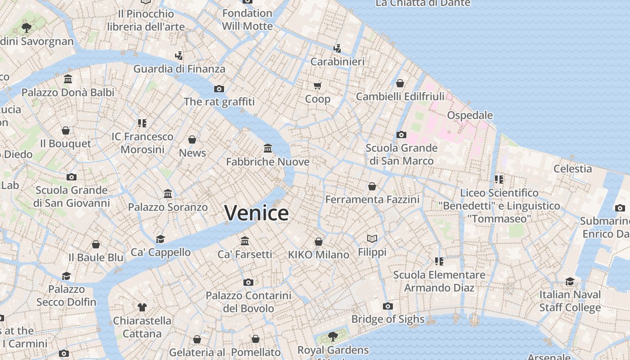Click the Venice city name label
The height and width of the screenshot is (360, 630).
click(x=256, y=213)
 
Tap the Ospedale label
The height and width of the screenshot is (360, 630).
click(x=470, y=115)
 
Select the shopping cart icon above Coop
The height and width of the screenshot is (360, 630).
click(x=318, y=85)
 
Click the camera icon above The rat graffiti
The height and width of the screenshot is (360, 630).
click(x=219, y=89)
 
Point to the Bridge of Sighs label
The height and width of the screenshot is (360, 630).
click(x=387, y=319)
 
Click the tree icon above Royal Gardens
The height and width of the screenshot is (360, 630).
click(x=333, y=336)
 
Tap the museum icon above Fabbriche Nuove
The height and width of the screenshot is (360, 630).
click(x=268, y=148)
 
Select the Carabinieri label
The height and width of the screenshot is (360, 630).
click(x=337, y=62)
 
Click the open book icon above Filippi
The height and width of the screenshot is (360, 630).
click(x=372, y=238)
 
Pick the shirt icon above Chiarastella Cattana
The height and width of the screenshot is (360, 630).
click(x=142, y=307)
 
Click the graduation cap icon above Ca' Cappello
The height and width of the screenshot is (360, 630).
click(x=160, y=239)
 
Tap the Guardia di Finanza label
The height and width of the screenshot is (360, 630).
click(x=179, y=69)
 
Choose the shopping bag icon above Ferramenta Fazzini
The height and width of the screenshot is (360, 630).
click(x=372, y=186)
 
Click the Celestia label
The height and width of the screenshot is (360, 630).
click(x=572, y=169)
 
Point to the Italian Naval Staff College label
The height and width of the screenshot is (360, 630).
click(x=570, y=301)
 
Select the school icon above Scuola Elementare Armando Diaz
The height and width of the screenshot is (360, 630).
click(x=439, y=261)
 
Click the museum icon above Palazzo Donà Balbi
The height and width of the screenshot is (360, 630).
click(x=68, y=79)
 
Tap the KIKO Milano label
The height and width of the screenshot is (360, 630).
click(x=319, y=255)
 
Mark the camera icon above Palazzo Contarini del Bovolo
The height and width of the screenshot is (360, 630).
click(x=248, y=282)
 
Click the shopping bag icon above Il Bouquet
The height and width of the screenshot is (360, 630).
click(x=66, y=130)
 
